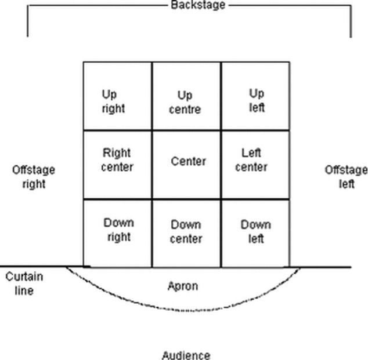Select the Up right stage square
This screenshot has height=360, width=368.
tap(117, 96)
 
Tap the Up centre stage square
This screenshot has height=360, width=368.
tap(186, 96)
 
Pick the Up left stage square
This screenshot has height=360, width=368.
tap(255, 96)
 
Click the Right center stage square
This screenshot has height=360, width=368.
tap(117, 165)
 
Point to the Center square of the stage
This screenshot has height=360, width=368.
tap(186, 165)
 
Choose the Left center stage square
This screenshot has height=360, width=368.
tap(255, 165)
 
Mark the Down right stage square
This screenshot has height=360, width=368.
tap(117, 233)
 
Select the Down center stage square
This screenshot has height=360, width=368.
tap(186, 233)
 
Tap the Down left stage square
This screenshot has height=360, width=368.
tap(255, 233)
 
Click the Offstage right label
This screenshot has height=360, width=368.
tap(34, 177)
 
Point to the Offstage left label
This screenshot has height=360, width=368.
tap(346, 177)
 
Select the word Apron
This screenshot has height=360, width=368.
tap(182, 286)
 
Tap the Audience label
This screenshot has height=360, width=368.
tap(186, 355)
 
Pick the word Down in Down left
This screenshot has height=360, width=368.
tap(255, 225)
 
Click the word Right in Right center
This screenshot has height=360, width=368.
tap(117, 154)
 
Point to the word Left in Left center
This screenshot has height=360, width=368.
tap(251, 154)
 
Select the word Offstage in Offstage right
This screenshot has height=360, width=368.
tap(34, 170)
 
